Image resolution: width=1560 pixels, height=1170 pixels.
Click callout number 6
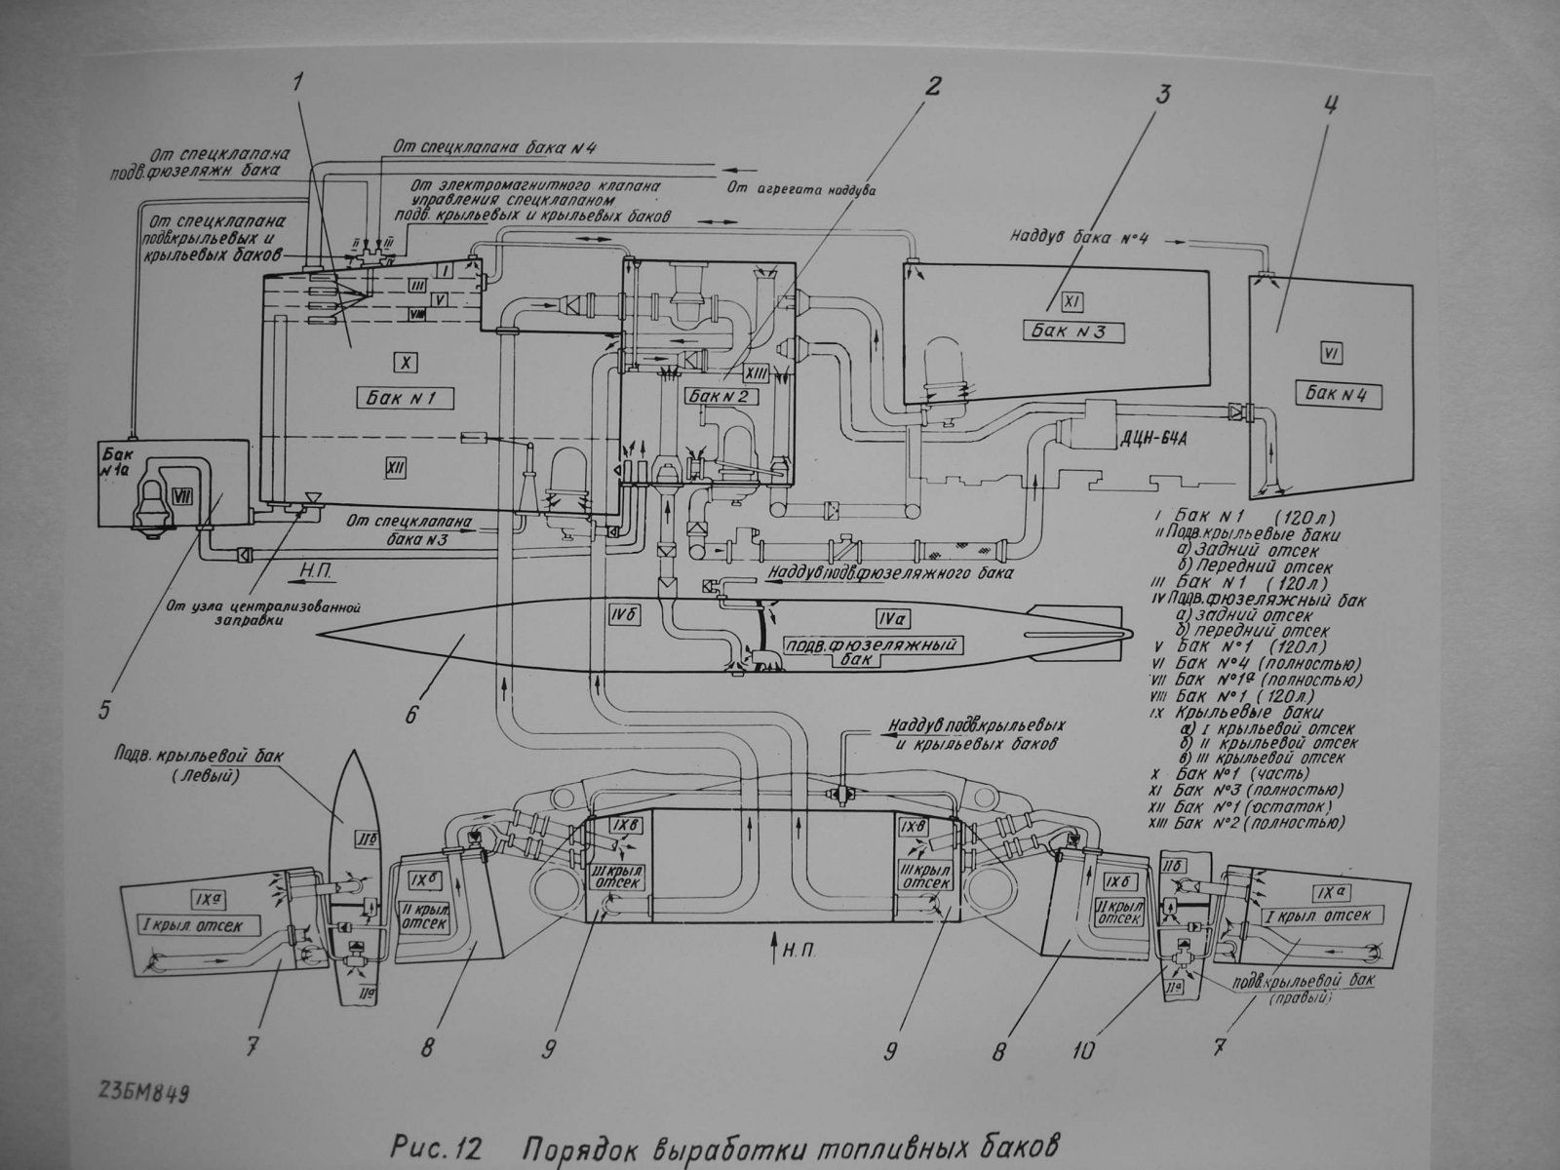[410, 714]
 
